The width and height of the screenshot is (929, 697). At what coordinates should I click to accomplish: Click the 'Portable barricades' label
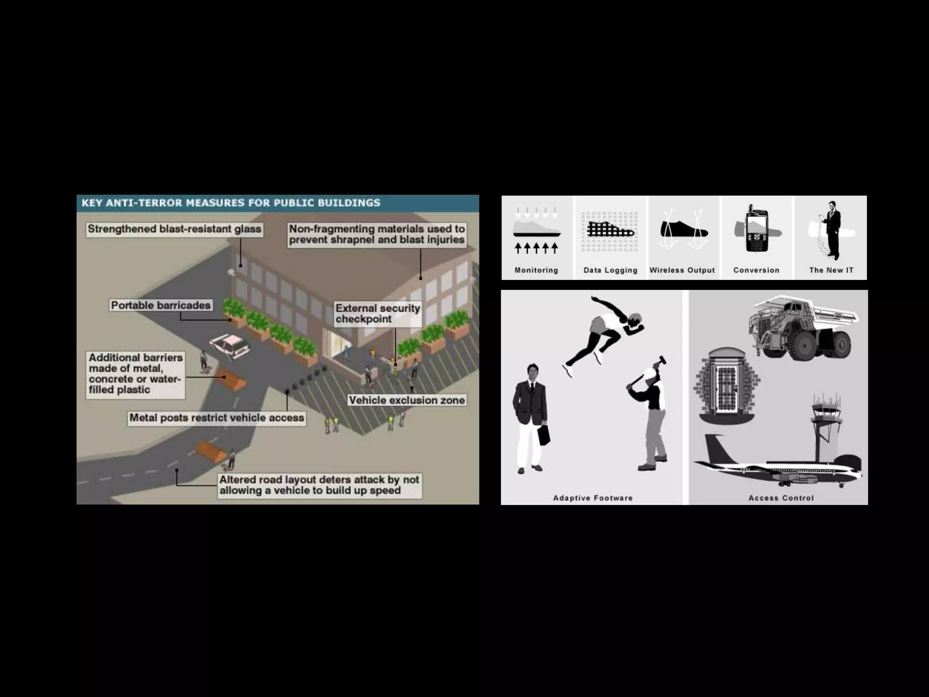[161, 305]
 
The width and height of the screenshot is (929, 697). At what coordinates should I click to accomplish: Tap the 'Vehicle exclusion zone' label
[406, 400]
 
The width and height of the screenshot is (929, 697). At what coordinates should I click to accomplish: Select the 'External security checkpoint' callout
[377, 314]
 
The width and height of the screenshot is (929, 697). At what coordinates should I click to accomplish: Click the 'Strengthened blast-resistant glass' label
[174, 229]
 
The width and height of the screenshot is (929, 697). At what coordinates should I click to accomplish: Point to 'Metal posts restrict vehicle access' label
[217, 418]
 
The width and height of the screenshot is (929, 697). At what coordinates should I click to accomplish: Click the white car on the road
[230, 346]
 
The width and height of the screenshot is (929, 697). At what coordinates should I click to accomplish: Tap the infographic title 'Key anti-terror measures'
[230, 203]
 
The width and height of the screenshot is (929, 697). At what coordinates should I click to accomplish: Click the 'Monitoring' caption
[536, 270]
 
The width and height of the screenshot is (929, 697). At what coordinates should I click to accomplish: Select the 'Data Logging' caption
[610, 270]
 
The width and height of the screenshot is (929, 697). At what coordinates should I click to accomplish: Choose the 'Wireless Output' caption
[682, 270]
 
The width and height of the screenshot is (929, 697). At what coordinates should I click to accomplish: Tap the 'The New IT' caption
[831, 270]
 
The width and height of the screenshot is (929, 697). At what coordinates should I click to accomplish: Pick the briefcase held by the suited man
[543, 435]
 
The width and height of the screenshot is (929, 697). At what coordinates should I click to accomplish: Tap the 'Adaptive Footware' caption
[592, 498]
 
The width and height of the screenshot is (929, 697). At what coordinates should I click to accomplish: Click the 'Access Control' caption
[781, 498]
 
